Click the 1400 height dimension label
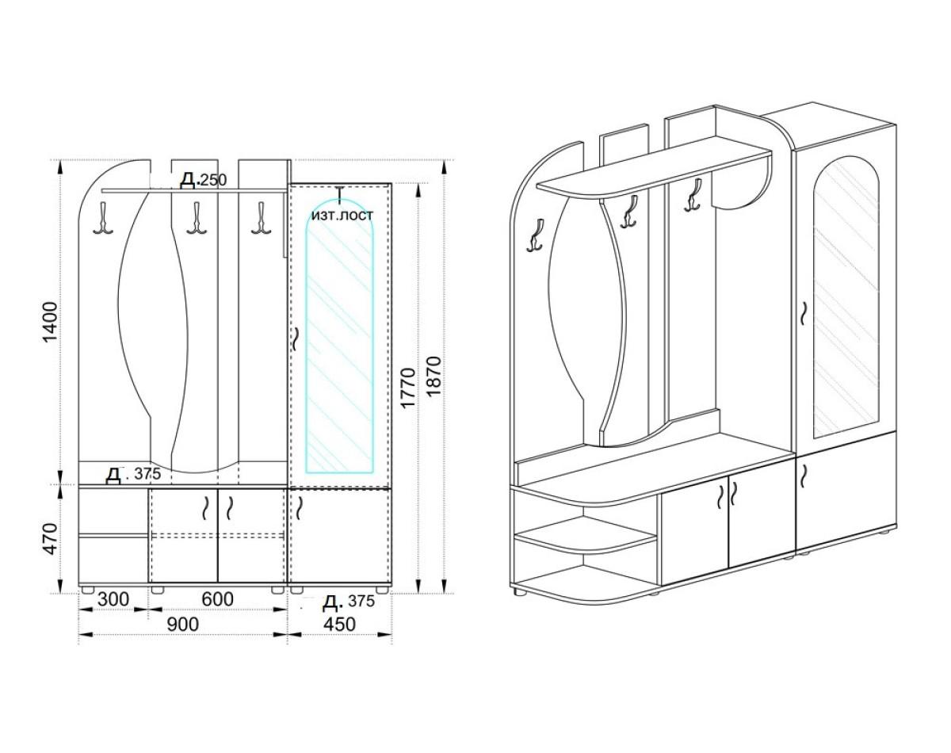[51, 322]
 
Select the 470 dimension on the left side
[51, 539]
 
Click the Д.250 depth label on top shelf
[203, 181]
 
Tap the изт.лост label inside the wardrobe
[342, 215]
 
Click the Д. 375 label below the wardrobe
[349, 602]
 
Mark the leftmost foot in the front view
[89, 591]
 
